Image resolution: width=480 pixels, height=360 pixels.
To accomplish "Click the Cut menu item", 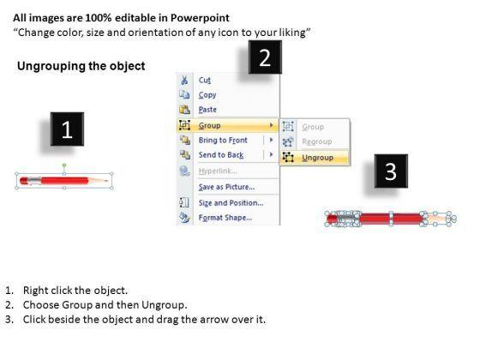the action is [x=205, y=81].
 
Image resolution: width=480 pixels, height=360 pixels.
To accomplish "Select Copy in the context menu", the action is [x=207, y=95].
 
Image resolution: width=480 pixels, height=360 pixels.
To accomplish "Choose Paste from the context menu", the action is [x=207, y=110].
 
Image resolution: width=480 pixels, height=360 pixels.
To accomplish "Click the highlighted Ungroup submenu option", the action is [x=317, y=158].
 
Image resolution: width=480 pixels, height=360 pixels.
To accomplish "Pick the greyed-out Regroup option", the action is [x=317, y=141].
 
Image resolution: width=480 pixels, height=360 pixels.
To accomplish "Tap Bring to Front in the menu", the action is [x=223, y=141].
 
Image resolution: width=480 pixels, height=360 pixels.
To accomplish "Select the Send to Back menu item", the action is [x=221, y=155].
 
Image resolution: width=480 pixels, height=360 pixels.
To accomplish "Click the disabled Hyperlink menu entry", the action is [x=218, y=171].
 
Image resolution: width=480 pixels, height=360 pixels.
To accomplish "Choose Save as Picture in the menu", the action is [x=226, y=187].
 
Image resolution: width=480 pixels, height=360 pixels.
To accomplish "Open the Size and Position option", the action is [x=231, y=202].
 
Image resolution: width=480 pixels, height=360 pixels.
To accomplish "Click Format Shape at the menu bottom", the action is [x=225, y=218].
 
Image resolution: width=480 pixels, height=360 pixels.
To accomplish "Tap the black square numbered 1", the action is [x=67, y=129].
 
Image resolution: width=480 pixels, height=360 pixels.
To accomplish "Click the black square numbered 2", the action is [x=265, y=57].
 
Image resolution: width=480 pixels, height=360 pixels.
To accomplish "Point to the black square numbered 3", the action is [x=391, y=171].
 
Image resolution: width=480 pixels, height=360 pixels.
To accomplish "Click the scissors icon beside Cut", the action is [x=184, y=81].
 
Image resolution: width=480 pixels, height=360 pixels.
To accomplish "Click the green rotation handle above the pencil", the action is [x=64, y=165].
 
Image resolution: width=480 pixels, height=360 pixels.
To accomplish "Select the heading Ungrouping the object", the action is [x=81, y=66].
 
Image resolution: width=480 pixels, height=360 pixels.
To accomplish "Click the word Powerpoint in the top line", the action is [x=200, y=18].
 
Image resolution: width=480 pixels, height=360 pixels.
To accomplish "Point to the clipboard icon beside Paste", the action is [x=184, y=110].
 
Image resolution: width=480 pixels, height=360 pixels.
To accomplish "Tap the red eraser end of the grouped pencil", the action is [x=24, y=181].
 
